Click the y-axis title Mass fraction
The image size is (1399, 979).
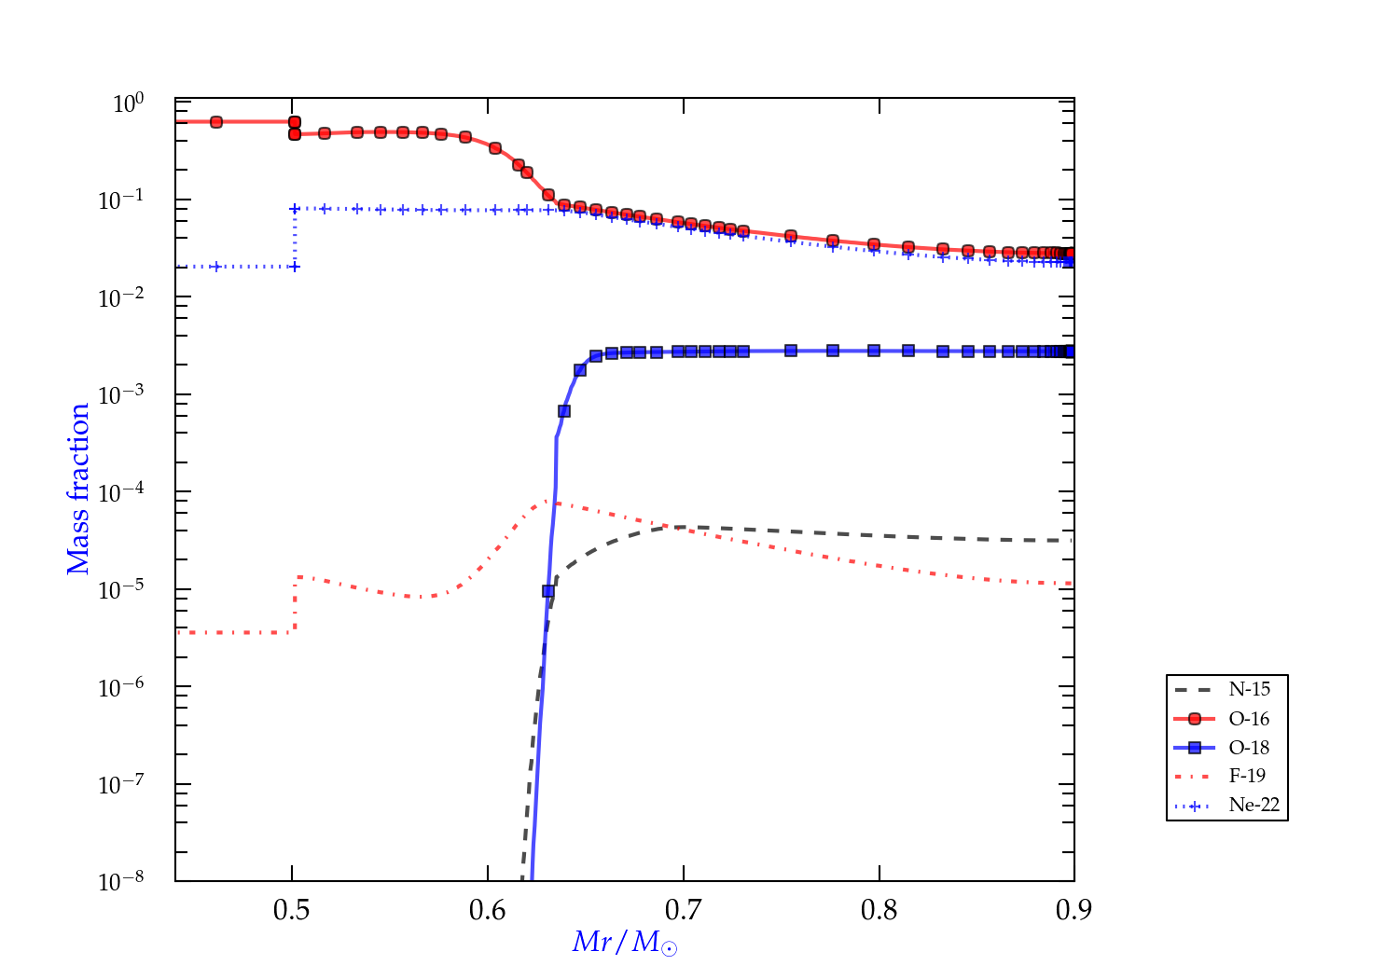coord(78,489)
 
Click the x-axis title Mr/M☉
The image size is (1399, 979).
coord(624,943)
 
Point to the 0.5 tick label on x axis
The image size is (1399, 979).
coord(292,910)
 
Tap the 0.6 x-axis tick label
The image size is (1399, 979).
coord(488,910)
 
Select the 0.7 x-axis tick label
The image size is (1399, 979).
coord(684,910)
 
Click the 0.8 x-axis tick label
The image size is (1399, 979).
coord(880,910)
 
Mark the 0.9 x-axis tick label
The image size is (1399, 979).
coord(1074,910)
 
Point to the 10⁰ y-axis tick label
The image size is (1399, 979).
coord(128,103)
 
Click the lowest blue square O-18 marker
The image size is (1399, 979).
coord(548,590)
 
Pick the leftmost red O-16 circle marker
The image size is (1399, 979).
coord(216,122)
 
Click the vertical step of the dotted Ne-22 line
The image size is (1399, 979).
coord(295,238)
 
